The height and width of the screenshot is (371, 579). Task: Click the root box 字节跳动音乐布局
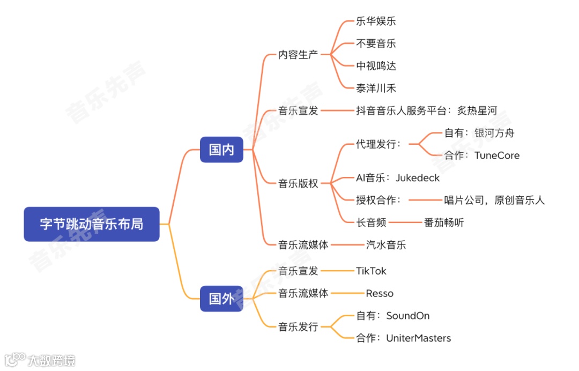click(x=92, y=224)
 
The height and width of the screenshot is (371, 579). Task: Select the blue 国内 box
click(x=221, y=150)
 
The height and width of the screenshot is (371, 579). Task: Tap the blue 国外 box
click(x=221, y=299)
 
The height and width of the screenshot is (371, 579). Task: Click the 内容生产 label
click(x=298, y=54)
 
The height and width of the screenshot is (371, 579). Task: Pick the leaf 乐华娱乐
click(x=376, y=21)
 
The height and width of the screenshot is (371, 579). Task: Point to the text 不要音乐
click(x=376, y=43)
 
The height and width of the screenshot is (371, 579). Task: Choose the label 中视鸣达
click(x=376, y=66)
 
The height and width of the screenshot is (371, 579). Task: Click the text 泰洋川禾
click(x=376, y=88)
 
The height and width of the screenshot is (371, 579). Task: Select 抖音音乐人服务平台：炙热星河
click(x=426, y=110)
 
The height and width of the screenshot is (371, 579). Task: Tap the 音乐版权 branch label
click(x=298, y=183)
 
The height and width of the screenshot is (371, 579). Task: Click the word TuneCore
click(x=497, y=155)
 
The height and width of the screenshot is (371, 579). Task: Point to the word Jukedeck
click(x=418, y=177)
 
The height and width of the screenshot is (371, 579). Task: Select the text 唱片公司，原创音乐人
click(x=494, y=200)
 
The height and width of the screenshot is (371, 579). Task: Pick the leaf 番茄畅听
click(x=444, y=222)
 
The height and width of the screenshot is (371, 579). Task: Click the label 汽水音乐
click(x=385, y=245)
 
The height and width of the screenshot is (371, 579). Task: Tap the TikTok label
click(x=371, y=271)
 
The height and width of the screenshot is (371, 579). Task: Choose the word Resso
click(x=380, y=293)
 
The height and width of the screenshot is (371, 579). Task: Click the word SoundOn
click(x=408, y=316)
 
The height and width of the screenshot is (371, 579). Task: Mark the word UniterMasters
click(x=419, y=338)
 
